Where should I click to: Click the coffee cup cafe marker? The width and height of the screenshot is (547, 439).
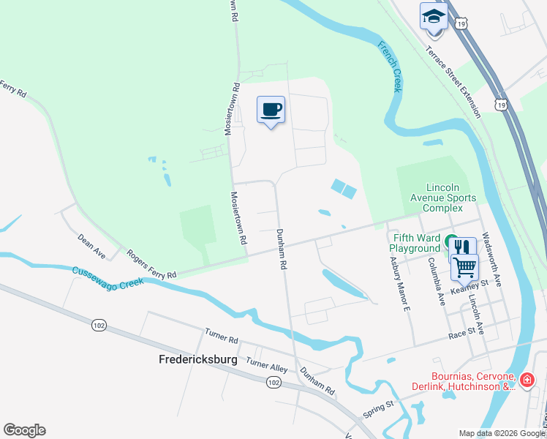271,110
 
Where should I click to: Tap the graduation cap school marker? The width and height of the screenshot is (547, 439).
433,17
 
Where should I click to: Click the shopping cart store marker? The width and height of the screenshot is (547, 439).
465,267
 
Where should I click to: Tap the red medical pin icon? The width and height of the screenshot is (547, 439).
528,380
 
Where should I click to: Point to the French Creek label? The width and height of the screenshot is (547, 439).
389,67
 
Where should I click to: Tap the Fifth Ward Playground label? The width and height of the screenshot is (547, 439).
414,243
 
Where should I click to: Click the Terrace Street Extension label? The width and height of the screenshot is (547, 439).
454,80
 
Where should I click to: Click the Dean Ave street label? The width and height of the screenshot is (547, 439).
92,245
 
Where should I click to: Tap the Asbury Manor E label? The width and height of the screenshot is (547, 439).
398,283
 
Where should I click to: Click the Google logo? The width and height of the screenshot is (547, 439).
25,429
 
